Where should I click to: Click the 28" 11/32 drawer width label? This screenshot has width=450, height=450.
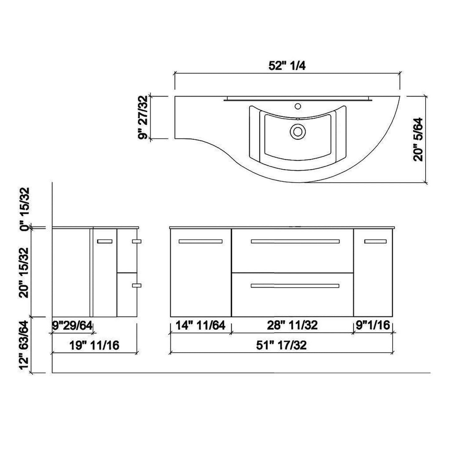[292, 325]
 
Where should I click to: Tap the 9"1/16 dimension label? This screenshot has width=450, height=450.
[373, 325]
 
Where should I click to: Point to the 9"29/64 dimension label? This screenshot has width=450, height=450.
[72, 326]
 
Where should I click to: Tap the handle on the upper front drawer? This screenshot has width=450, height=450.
[295, 241]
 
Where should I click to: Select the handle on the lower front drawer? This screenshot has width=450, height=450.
[295, 286]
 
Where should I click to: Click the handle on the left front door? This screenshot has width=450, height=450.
[201, 241]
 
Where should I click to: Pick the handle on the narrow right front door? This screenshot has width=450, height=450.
[375, 241]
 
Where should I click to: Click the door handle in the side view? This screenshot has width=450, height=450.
[105, 241]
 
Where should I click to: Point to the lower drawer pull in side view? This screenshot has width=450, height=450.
[136, 285]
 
